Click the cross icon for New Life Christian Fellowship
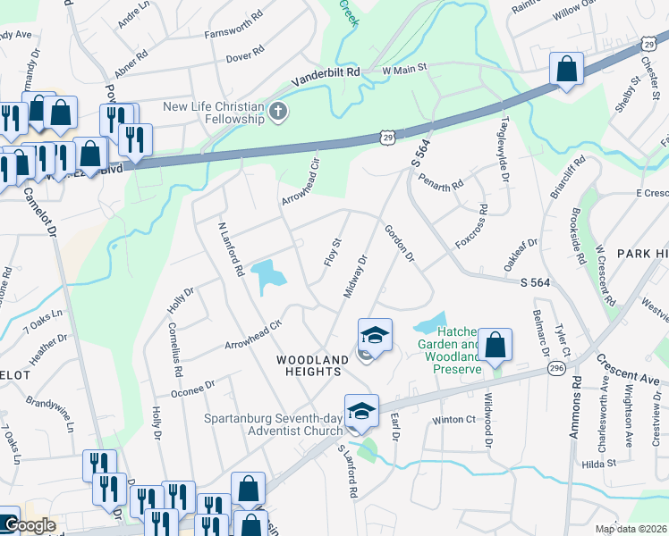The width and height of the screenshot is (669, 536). tap(278, 113)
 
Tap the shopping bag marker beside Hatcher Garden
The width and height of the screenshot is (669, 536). tap(494, 346)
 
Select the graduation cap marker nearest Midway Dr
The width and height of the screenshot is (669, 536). tap(375, 336)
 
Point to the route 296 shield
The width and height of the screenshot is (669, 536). tap(557, 369)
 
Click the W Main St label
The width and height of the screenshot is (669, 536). tap(405, 68)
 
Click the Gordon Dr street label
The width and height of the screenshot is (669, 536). tap(400, 243)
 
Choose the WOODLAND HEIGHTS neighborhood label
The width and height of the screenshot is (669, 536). tap(312, 366)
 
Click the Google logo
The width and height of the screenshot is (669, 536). tap(29, 525)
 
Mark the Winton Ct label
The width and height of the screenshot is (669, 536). tap(453, 419)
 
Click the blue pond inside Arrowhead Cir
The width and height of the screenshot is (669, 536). tap(267, 277)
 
